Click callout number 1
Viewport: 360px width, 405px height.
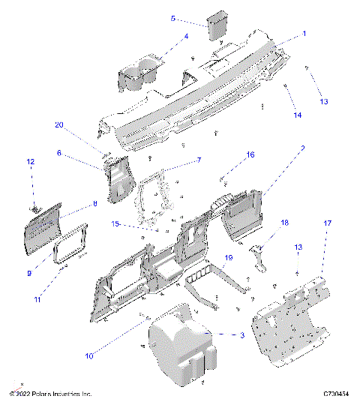coord(304,34)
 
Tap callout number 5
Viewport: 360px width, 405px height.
coord(172,18)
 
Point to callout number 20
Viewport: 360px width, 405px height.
coord(58,125)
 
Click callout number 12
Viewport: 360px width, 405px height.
coord(31,161)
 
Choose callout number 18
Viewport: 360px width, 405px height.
coord(284,223)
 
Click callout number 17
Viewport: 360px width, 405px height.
coord(327,223)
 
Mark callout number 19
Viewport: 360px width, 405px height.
coord(229,257)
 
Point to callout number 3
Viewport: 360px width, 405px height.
coord(241,336)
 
